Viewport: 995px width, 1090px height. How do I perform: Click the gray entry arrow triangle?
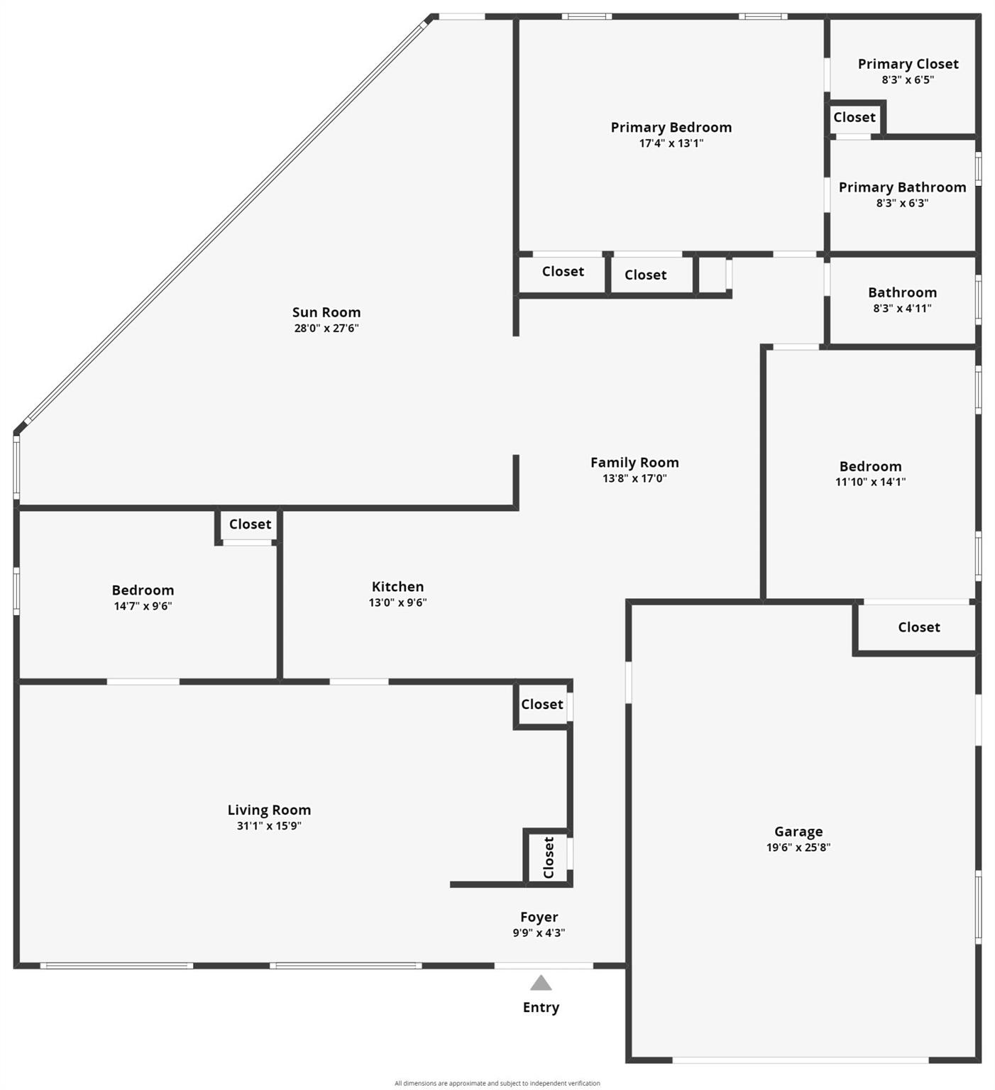pyautogui.click(x=541, y=983)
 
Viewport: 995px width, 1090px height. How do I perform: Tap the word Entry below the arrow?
pyautogui.click(x=541, y=1008)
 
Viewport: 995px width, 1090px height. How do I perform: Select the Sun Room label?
pyautogui.click(x=326, y=312)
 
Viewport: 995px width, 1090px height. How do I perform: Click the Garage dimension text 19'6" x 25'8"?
pyautogui.click(x=798, y=847)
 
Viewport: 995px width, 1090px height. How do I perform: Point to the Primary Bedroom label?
pyautogui.click(x=671, y=128)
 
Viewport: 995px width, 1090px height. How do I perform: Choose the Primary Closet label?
pyautogui.click(x=908, y=64)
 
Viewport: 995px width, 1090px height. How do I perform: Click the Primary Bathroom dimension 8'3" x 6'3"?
pyautogui.click(x=903, y=203)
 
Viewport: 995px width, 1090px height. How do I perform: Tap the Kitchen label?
pyautogui.click(x=397, y=587)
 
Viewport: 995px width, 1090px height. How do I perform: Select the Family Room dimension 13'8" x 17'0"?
pyautogui.click(x=634, y=478)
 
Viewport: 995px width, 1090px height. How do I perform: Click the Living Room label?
pyautogui.click(x=269, y=810)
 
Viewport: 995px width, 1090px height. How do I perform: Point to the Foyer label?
pyautogui.click(x=539, y=918)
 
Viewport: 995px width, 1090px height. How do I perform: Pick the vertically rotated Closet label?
pyautogui.click(x=549, y=857)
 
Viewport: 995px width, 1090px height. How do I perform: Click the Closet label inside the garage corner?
pyautogui.click(x=919, y=627)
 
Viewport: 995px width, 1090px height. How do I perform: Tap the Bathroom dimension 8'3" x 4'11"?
pyautogui.click(x=903, y=308)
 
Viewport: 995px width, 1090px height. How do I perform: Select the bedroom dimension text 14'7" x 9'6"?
pyautogui.click(x=143, y=606)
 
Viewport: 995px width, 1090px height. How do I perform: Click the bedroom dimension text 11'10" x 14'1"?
pyautogui.click(x=871, y=482)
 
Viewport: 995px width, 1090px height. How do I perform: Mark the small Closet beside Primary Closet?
pyautogui.click(x=854, y=118)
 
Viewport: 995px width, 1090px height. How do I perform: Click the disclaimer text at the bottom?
pyautogui.click(x=497, y=1084)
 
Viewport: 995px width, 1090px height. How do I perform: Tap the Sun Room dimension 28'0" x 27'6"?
pyautogui.click(x=326, y=328)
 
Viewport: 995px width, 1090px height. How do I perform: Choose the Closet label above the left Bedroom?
pyautogui.click(x=250, y=524)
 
